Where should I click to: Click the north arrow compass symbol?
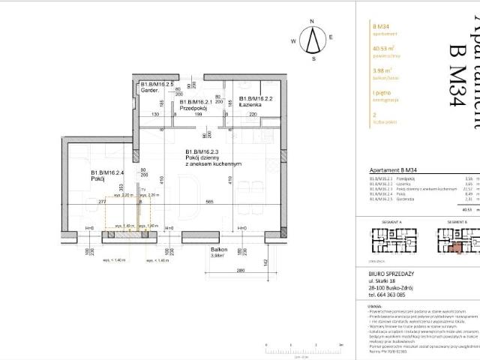click(x=313, y=40)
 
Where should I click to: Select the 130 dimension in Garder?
click(x=153, y=115)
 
